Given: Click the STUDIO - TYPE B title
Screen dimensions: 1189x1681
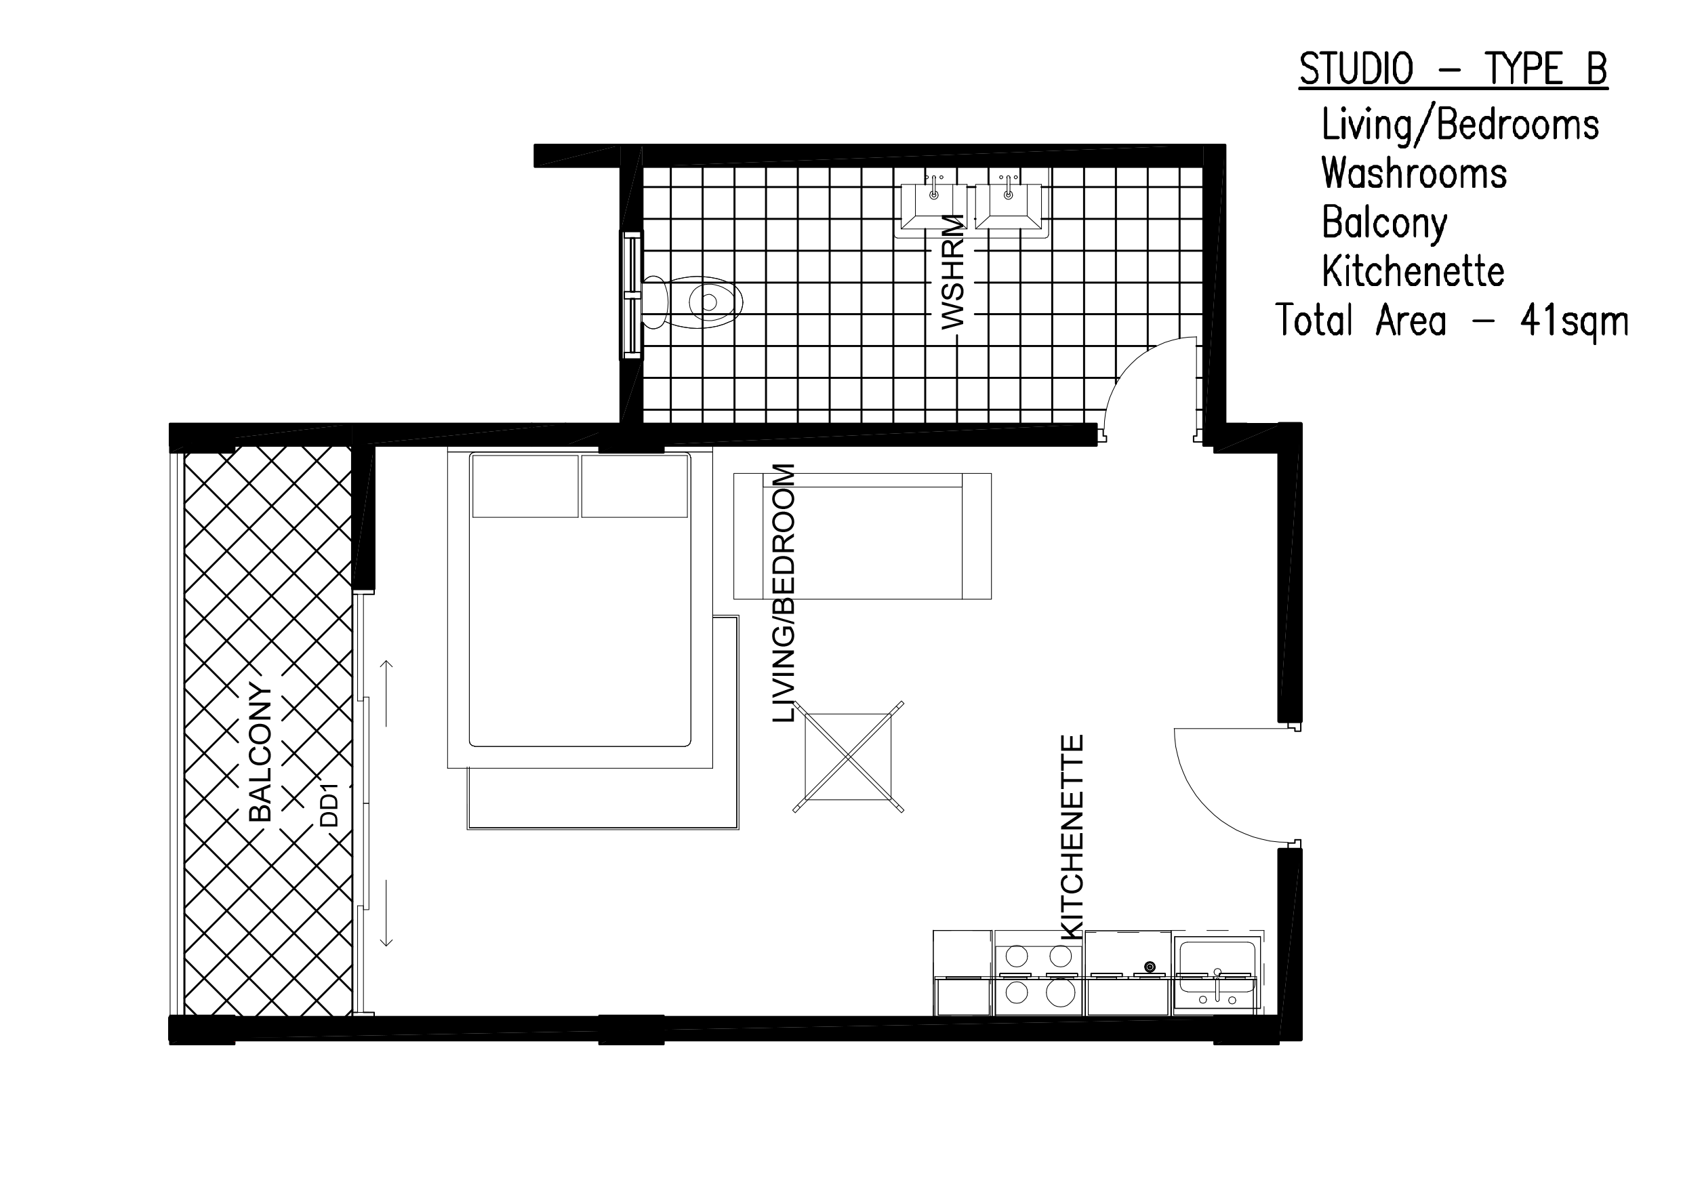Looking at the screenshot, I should pyautogui.click(x=1453, y=70).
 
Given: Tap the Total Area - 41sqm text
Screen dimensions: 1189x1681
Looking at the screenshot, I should pyautogui.click(x=1451, y=321).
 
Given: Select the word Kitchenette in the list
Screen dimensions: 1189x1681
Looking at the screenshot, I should pyautogui.click(x=1413, y=272).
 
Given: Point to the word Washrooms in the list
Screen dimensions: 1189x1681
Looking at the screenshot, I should pyautogui.click(x=1414, y=174).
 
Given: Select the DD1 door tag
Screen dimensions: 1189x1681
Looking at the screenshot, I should pyautogui.click(x=330, y=805).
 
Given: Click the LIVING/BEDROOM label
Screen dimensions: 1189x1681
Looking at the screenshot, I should pyautogui.click(x=784, y=593).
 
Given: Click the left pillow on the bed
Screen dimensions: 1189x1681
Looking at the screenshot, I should pyautogui.click(x=525, y=486).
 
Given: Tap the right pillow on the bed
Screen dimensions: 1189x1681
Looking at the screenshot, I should pyautogui.click(x=634, y=486).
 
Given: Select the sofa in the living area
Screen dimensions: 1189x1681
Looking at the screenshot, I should pyautogui.click(x=862, y=537).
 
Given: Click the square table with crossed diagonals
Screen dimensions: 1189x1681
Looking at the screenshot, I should pyautogui.click(x=848, y=757).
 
